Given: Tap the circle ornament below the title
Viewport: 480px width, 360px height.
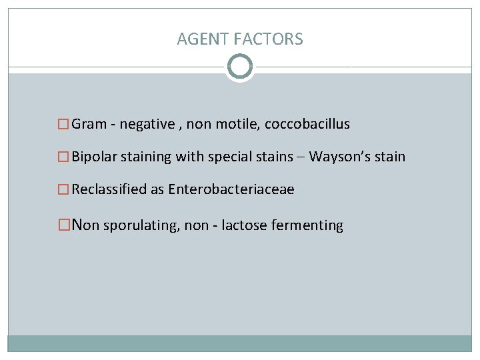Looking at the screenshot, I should [x=240, y=67].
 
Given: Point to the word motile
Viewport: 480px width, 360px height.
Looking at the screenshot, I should [x=235, y=125].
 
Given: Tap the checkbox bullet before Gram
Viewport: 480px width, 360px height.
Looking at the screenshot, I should [x=63, y=125].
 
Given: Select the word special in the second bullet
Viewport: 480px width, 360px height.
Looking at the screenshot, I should [x=229, y=157].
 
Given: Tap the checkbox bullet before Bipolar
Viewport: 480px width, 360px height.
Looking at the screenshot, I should [x=63, y=157].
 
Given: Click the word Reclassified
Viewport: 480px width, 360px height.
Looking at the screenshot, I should [x=109, y=189].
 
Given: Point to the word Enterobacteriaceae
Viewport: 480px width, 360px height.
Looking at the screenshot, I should [x=231, y=189].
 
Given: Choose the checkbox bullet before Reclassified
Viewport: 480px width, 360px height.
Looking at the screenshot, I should [x=63, y=189].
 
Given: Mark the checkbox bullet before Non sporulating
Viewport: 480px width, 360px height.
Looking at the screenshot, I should [x=64, y=225].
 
